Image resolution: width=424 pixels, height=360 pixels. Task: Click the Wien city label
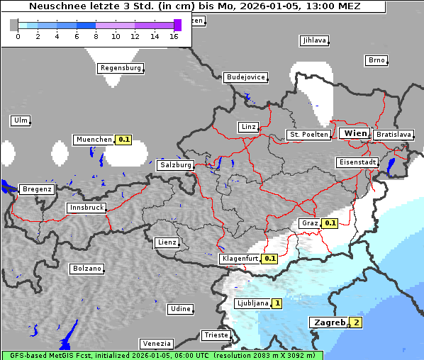355,133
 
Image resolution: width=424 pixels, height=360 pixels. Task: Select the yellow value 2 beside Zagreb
356,322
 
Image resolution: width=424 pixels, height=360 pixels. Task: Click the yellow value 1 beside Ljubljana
277,303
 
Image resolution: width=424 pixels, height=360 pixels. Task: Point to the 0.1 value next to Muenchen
124,140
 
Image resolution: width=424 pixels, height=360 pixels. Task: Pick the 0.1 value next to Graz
330,223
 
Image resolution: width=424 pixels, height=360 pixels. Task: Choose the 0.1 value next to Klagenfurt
269,259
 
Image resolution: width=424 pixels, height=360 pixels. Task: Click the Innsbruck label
87,208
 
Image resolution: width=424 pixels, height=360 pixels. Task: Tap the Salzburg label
176,164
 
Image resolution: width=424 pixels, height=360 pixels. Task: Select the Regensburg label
121,68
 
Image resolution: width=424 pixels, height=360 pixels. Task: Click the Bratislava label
394,134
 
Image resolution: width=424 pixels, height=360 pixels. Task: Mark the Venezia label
156,343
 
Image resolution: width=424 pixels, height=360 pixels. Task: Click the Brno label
376,60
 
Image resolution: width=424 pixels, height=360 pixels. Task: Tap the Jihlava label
314,40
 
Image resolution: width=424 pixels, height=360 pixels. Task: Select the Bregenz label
37,189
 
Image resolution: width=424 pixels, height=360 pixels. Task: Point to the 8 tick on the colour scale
96,36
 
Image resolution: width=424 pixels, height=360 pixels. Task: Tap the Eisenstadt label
357,162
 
